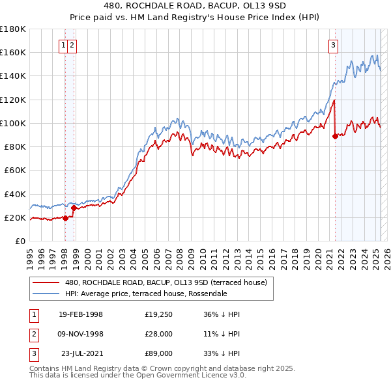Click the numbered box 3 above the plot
(333, 46)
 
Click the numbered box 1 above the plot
(63, 46)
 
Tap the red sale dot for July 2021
(335, 136)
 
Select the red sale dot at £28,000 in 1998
(74, 208)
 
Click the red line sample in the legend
(46, 283)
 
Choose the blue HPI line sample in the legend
(46, 294)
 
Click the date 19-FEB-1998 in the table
(81, 314)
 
